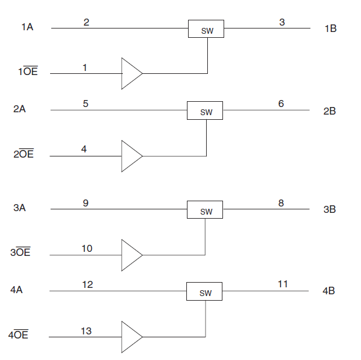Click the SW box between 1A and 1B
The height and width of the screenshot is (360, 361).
(206, 28)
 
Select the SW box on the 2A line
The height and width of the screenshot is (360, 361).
(204, 111)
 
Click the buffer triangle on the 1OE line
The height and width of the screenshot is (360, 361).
(130, 73)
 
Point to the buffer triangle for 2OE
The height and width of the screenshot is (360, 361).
(130, 156)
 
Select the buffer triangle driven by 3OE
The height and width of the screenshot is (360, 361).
(130, 255)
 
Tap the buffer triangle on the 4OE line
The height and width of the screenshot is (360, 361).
(130, 337)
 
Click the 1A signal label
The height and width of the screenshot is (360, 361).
(27, 27)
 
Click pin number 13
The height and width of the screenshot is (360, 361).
(86, 331)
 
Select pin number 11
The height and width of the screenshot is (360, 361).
(282, 284)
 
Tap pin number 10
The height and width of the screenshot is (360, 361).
(86, 248)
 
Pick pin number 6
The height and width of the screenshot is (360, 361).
(281, 104)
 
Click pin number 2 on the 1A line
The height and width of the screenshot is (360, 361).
(86, 22)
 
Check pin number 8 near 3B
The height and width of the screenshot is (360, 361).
(281, 203)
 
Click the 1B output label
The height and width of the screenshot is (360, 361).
(330, 28)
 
